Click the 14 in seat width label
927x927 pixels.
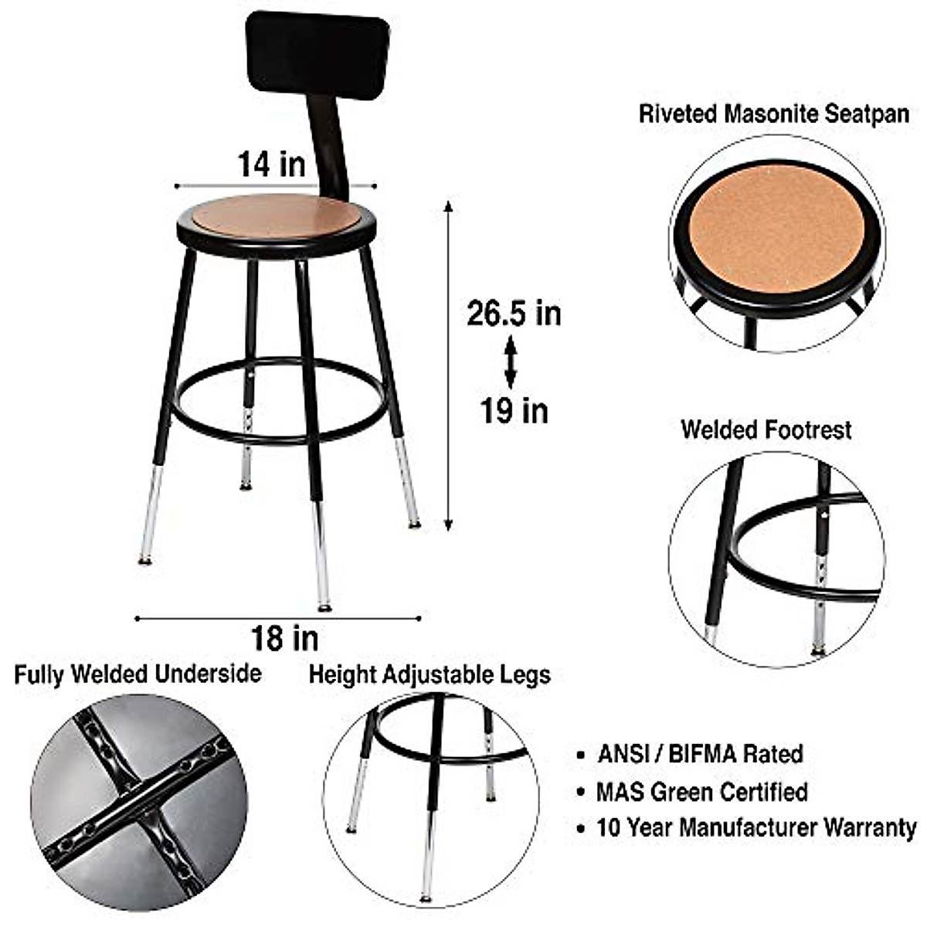pos(271,164)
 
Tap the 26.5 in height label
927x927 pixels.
pos(514,314)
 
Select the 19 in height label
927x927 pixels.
pos(514,409)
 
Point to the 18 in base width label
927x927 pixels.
pos(284,638)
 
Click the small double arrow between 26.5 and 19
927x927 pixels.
pos(510,362)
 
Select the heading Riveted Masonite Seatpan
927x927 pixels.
pos(773,114)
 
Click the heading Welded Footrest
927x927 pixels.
pos(766,430)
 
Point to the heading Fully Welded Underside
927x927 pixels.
pos(138,674)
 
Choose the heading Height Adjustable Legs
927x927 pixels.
pos(430,674)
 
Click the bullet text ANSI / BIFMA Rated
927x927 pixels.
pos(700,753)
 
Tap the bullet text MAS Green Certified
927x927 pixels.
pos(701,791)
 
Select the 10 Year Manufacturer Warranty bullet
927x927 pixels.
pos(756,828)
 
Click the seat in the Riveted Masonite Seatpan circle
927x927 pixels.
pos(776,228)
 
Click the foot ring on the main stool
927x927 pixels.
pos(278,439)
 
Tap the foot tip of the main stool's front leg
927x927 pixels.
pos(324,607)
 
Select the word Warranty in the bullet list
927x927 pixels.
pos(870,828)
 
